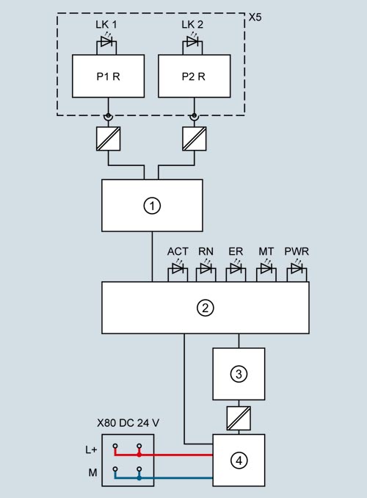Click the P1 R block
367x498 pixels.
(x=107, y=76)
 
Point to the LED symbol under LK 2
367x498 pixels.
(x=194, y=43)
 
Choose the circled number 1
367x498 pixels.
(x=152, y=206)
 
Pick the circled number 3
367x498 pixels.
(x=239, y=374)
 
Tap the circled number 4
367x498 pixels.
(x=239, y=461)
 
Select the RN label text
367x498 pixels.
(x=206, y=252)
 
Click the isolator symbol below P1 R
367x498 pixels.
(x=108, y=139)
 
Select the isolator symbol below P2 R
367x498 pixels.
(x=194, y=139)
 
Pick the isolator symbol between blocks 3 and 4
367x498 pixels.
(x=239, y=416)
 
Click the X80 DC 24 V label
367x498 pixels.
(x=128, y=423)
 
